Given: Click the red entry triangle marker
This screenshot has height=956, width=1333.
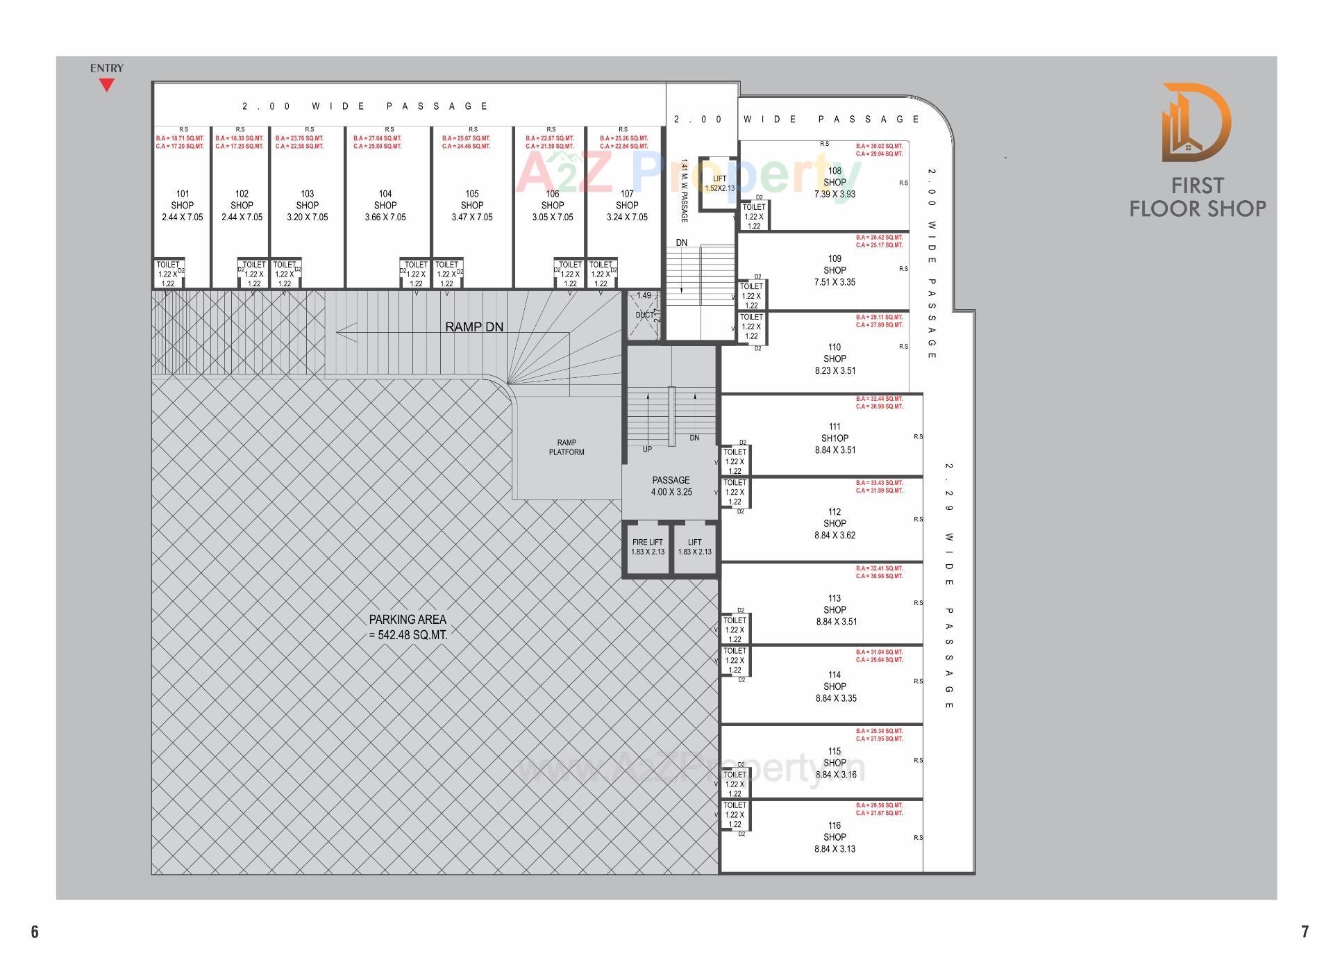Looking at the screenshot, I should click(x=106, y=85).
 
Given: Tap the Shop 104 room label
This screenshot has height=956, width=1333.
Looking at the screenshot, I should click(x=385, y=205).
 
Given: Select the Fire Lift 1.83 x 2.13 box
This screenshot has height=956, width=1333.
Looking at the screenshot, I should click(x=647, y=547).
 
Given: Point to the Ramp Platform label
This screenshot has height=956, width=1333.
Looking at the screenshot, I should click(x=567, y=447).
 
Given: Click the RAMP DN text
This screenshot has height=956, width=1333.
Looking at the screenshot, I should click(x=474, y=327).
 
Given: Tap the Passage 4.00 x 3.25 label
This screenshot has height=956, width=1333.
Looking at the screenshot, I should click(x=671, y=486).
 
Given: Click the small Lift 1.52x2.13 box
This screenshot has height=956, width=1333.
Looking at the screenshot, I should click(x=719, y=183).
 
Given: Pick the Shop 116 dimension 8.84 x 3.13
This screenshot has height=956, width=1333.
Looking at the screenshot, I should click(x=835, y=849).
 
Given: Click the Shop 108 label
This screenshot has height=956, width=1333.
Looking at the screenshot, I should click(x=835, y=182).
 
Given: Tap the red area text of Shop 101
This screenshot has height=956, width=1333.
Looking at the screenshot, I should click(x=180, y=142).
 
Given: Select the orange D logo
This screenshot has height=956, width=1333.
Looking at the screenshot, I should click(x=1196, y=122).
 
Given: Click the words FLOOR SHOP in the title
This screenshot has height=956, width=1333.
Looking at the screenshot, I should click(x=1197, y=208).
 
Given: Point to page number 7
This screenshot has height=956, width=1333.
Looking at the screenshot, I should click(x=1305, y=932).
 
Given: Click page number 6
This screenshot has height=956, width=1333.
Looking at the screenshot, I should click(x=35, y=932).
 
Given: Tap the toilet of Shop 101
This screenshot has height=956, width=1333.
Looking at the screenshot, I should click(x=168, y=274).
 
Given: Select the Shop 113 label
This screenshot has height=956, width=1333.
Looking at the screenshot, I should click(x=835, y=609).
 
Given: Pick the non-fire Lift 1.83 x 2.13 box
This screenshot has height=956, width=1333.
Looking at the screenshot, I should click(x=694, y=547).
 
